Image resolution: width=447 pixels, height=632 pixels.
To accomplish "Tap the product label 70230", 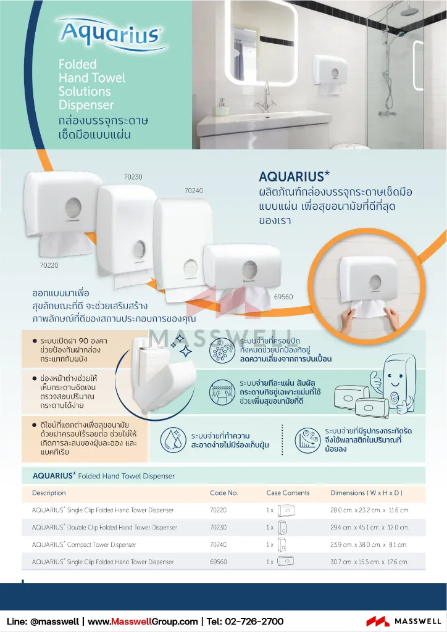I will [133, 177].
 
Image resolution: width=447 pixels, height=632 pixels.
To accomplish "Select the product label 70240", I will [194, 191].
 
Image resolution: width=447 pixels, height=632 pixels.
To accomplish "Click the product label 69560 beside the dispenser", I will [283, 297].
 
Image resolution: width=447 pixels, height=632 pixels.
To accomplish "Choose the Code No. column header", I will [223, 493].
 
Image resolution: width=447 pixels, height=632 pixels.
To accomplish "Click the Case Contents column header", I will [288, 493].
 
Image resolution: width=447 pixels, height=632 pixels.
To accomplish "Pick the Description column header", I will [49, 493].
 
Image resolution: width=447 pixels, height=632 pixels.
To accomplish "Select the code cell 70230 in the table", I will [219, 528].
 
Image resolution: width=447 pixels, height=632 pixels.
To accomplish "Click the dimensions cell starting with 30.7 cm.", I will [369, 562].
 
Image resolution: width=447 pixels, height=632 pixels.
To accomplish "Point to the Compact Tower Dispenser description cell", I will [93, 545].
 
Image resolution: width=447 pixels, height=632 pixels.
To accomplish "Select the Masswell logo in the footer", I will [404, 621].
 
